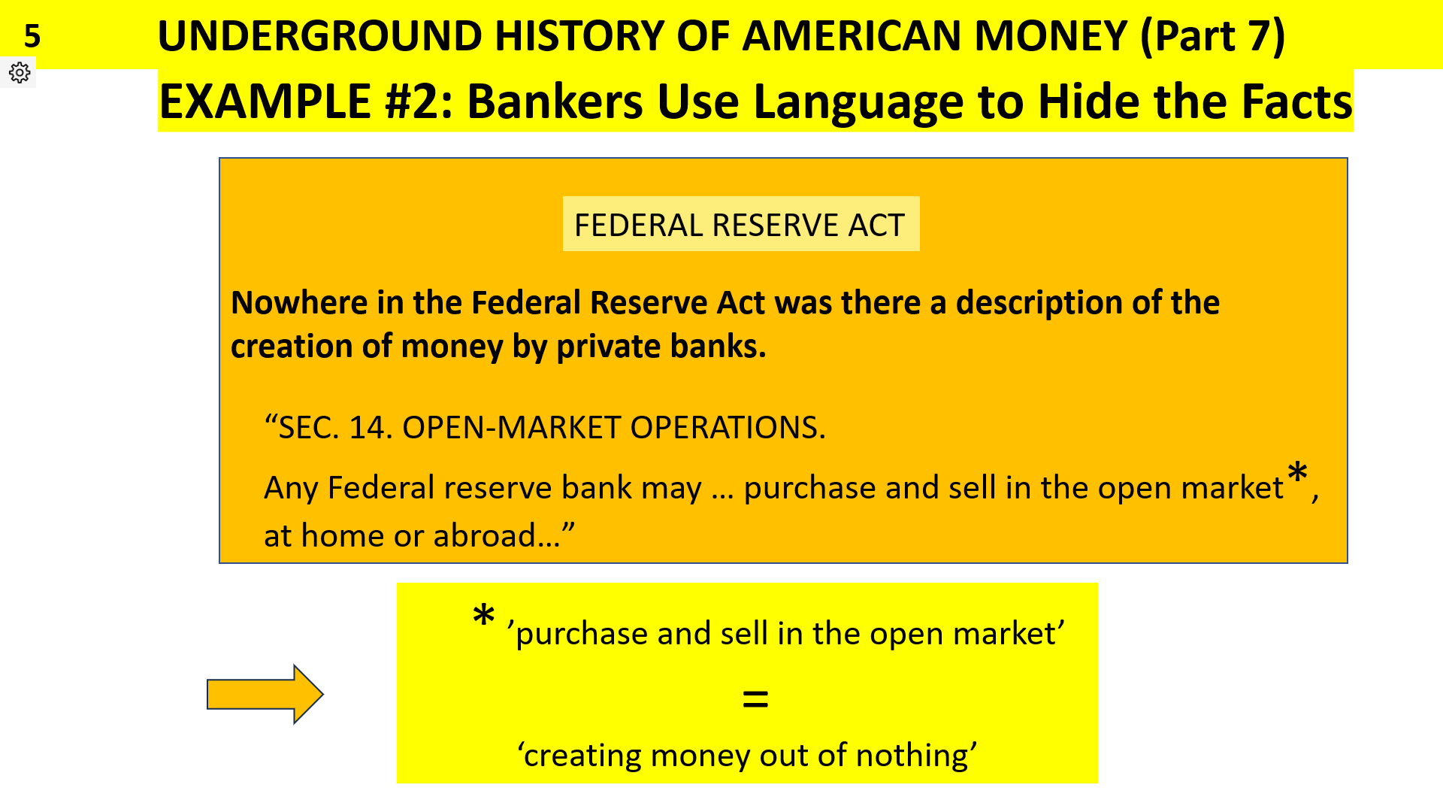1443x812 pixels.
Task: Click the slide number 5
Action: [x=32, y=36]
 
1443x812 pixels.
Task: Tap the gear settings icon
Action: [x=20, y=72]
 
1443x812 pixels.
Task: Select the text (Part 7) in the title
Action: [x=1212, y=36]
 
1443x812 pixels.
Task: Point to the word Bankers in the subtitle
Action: [x=555, y=101]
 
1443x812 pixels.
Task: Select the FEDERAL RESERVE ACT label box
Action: [x=740, y=224]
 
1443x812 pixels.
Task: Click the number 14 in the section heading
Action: [x=367, y=428]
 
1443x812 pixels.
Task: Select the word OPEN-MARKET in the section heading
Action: [x=511, y=428]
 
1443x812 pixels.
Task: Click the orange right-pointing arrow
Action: [x=265, y=694]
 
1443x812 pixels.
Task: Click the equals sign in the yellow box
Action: [x=755, y=700]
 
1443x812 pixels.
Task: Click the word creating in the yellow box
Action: [x=582, y=756]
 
